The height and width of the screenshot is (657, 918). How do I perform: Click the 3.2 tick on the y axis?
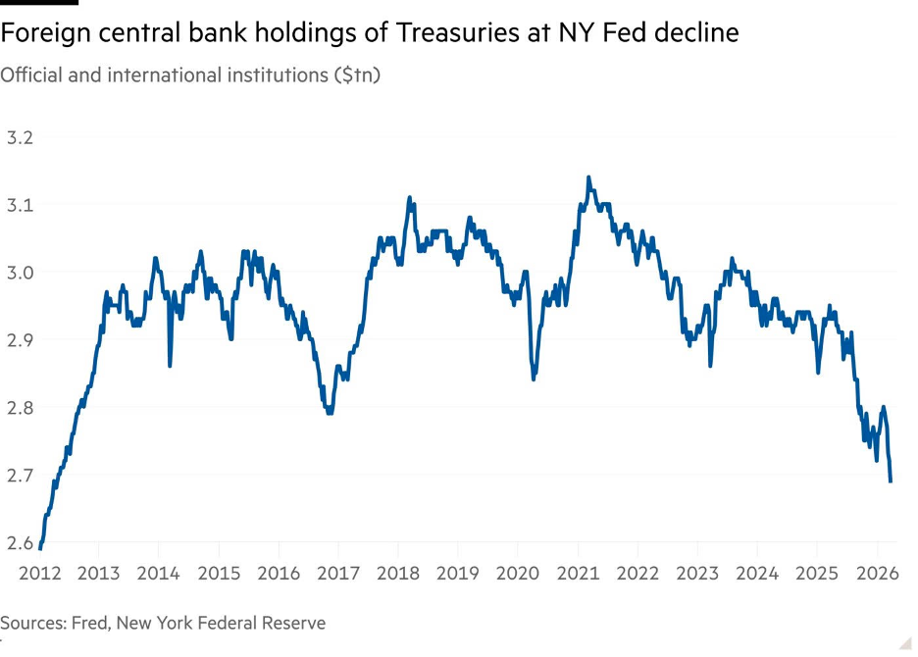[x=20, y=137]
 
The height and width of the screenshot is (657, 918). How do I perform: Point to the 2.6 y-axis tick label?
[x=20, y=542]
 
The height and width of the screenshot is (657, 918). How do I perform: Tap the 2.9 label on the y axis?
[x=20, y=340]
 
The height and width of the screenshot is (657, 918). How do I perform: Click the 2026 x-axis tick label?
[x=878, y=574]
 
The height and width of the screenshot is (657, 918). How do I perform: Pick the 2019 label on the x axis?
[x=458, y=574]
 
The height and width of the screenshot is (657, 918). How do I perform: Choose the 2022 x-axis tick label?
[x=638, y=574]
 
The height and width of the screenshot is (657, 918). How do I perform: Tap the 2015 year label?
[x=219, y=574]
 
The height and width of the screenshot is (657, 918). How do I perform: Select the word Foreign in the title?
[x=40, y=33]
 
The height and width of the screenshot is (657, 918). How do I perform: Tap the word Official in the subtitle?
[x=30, y=76]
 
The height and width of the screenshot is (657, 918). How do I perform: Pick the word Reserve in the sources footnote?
[x=295, y=623]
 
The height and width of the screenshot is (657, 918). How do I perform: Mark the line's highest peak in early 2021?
[x=587, y=177]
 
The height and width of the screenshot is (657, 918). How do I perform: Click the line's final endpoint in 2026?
[x=891, y=480]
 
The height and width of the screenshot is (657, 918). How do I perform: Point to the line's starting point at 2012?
[x=40, y=548]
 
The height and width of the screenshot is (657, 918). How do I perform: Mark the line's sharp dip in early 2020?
[x=533, y=379]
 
